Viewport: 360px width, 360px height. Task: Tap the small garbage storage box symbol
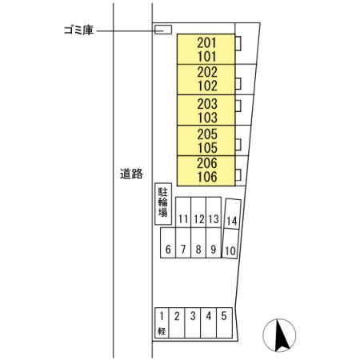coord(162,30)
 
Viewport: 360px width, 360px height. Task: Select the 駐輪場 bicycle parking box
coord(162,203)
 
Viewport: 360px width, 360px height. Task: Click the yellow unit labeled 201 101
coord(207,50)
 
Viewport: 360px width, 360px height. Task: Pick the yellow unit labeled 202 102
coord(207,79)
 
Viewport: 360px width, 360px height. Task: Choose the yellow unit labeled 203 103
coord(207,110)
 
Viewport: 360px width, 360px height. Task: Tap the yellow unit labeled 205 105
coord(207,140)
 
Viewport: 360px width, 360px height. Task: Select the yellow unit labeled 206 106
coord(207,170)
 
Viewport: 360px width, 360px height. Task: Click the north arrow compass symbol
coord(280,334)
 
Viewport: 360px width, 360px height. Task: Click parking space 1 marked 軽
coord(161,323)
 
